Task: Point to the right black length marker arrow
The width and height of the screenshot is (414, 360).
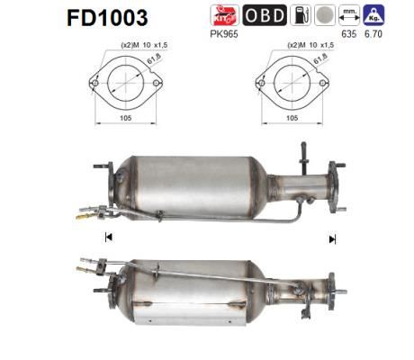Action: [x=332, y=238]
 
